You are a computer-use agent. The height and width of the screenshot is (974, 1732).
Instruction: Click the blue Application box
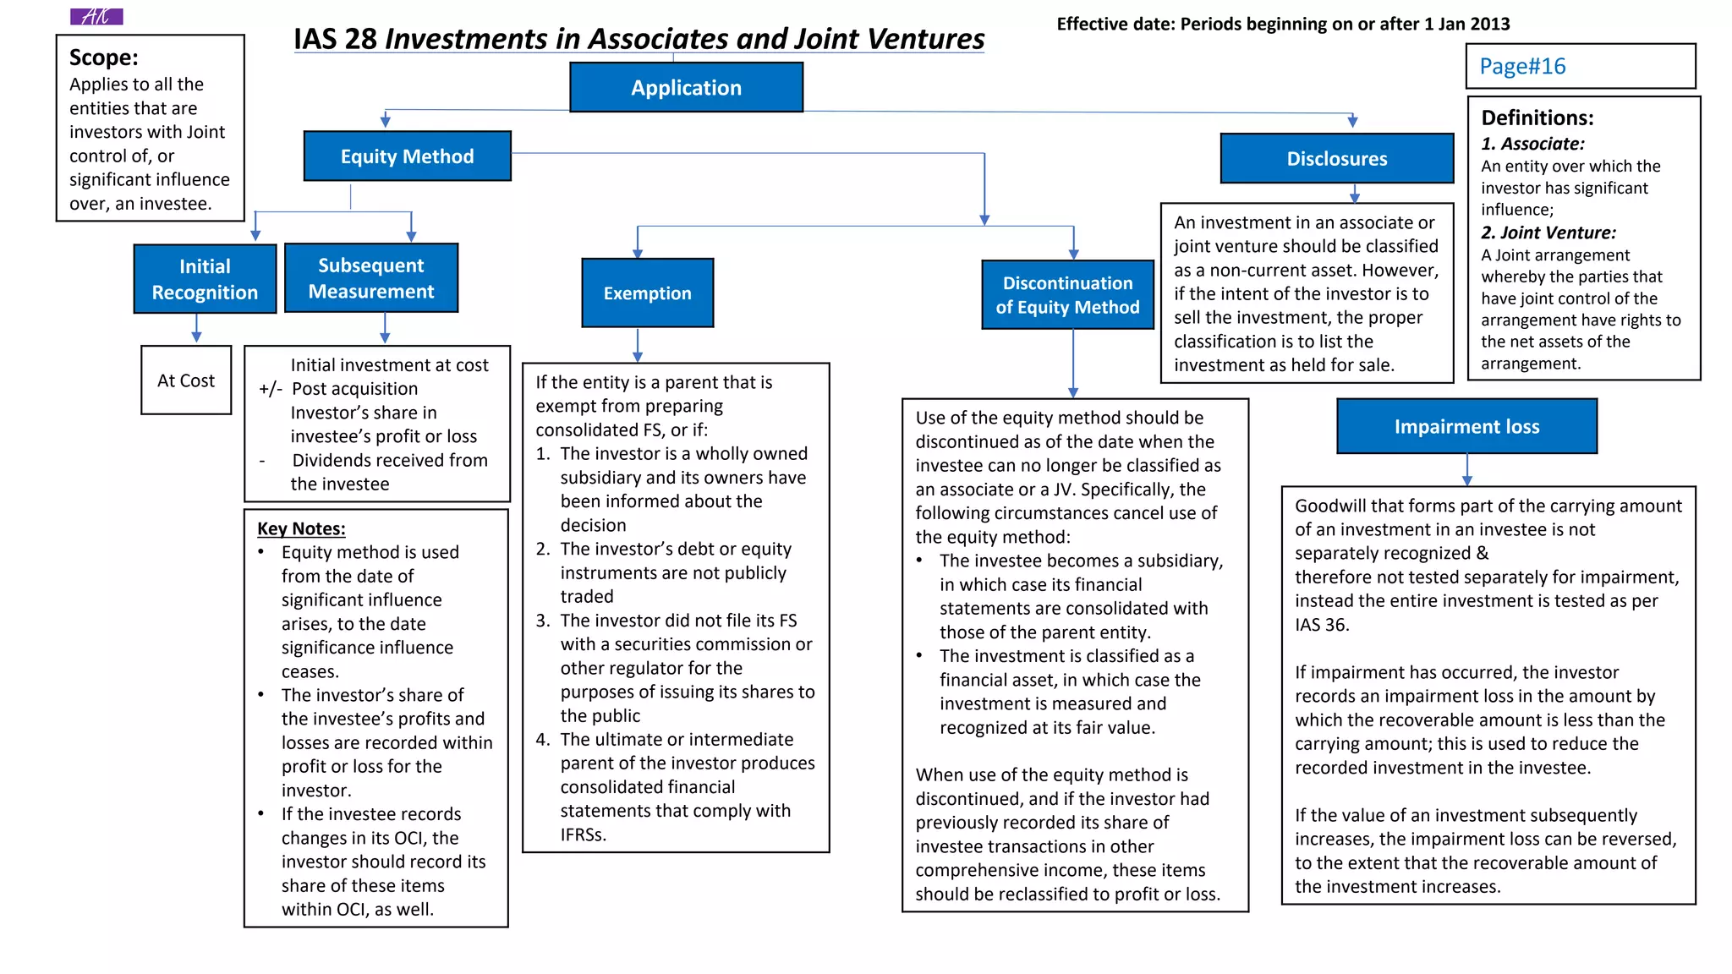click(x=686, y=87)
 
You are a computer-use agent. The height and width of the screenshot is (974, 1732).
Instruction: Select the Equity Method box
click(x=407, y=156)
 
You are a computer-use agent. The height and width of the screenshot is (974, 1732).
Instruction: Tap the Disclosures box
click(x=1337, y=158)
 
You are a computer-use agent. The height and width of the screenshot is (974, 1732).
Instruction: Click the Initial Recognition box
click(x=205, y=279)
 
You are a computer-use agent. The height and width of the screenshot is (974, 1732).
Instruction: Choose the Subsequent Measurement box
click(x=371, y=278)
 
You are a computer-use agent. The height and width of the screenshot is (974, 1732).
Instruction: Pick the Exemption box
click(x=648, y=293)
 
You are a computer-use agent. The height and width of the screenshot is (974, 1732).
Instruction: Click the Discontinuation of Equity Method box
click(x=1067, y=294)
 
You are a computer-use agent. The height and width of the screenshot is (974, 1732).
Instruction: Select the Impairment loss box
click(x=1467, y=426)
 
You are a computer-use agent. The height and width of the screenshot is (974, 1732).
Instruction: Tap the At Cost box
click(x=186, y=380)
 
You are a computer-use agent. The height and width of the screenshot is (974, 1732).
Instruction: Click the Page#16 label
click(x=1522, y=66)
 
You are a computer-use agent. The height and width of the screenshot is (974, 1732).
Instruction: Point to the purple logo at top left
click(x=96, y=16)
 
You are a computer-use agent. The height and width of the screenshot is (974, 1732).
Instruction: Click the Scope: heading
click(x=104, y=57)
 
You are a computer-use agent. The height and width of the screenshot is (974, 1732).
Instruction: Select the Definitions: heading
click(x=1537, y=118)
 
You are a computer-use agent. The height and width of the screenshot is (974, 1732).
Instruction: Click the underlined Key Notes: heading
click(x=301, y=528)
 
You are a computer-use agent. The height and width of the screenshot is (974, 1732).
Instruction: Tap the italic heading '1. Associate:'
click(x=1532, y=144)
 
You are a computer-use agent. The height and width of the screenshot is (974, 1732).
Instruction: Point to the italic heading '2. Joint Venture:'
click(x=1548, y=233)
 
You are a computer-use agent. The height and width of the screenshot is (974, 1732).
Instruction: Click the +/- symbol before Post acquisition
click(x=271, y=389)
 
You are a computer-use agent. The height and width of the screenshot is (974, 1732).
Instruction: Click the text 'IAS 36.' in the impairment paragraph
click(x=1322, y=625)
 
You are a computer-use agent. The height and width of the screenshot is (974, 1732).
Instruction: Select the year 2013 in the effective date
click(x=1489, y=24)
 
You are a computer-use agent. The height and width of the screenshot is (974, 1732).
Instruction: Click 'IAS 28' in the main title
click(x=335, y=39)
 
